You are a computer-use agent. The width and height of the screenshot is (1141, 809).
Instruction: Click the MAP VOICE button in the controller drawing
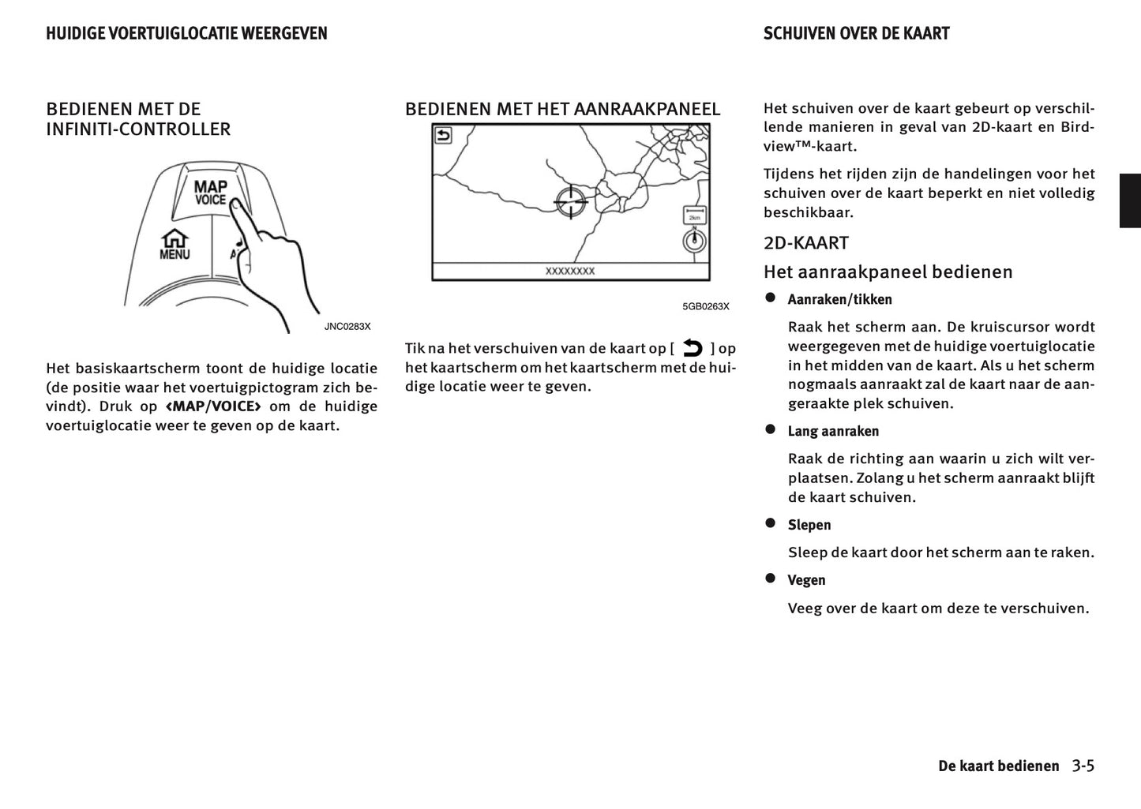(x=210, y=194)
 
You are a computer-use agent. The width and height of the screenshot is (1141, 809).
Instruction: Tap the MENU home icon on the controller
(x=175, y=244)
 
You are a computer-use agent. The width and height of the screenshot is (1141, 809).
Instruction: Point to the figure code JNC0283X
(x=347, y=326)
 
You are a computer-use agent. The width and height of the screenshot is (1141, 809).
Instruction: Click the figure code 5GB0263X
(x=706, y=306)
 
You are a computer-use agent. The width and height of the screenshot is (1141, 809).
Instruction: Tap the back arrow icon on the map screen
(x=444, y=136)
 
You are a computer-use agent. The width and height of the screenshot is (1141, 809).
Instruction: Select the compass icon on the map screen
(x=694, y=241)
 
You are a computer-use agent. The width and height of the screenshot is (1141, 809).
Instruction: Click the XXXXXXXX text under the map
(x=570, y=271)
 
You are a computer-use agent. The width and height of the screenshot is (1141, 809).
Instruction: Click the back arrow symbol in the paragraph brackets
(x=692, y=348)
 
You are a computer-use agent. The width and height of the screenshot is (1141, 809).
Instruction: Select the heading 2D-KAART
(x=805, y=243)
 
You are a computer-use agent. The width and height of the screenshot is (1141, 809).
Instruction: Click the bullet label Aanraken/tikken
(x=839, y=299)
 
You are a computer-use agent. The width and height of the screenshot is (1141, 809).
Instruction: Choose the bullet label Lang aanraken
(x=833, y=431)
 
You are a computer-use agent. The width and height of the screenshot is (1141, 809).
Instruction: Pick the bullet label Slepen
(x=809, y=525)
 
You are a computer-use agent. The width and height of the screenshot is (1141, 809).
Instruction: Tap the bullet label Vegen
(x=806, y=580)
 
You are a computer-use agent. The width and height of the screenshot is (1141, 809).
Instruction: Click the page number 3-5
(x=1083, y=766)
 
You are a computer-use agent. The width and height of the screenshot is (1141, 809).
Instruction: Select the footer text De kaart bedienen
(x=998, y=766)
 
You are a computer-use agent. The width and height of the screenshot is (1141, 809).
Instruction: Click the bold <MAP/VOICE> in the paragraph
(x=213, y=406)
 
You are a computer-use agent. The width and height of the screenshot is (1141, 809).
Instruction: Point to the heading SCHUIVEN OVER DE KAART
(x=856, y=33)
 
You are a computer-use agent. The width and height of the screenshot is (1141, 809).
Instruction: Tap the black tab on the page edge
(x=1130, y=200)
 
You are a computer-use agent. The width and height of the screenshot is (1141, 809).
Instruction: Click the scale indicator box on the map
(x=694, y=215)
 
